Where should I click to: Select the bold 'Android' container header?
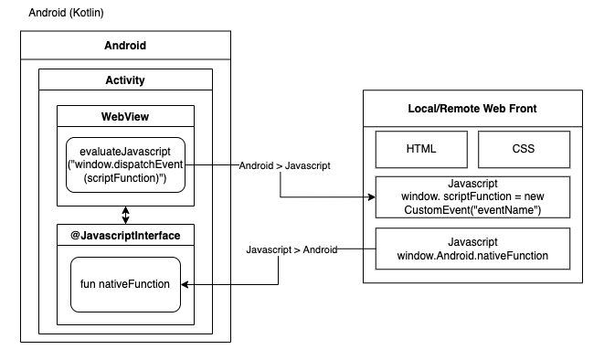125,46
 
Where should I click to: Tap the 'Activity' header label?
125,80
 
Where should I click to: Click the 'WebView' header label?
125,116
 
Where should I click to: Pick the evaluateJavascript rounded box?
125,165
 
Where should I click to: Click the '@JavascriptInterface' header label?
125,236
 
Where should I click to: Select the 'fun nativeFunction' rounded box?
125,284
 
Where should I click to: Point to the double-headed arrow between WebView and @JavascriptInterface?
125,216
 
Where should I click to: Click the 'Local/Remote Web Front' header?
472,109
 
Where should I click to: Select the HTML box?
420,148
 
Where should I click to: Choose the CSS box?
524,148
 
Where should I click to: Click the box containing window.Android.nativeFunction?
472,249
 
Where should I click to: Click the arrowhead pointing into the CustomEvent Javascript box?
370,197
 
